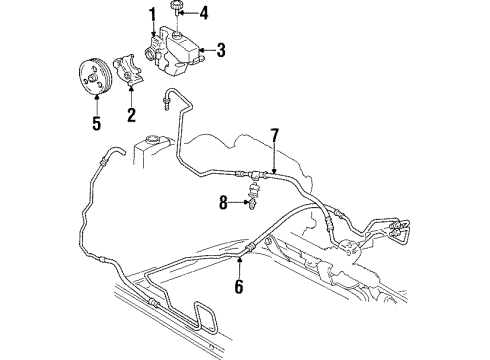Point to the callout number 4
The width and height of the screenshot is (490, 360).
204,14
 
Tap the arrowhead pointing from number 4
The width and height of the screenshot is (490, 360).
190,14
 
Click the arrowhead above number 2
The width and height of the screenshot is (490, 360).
132,96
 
